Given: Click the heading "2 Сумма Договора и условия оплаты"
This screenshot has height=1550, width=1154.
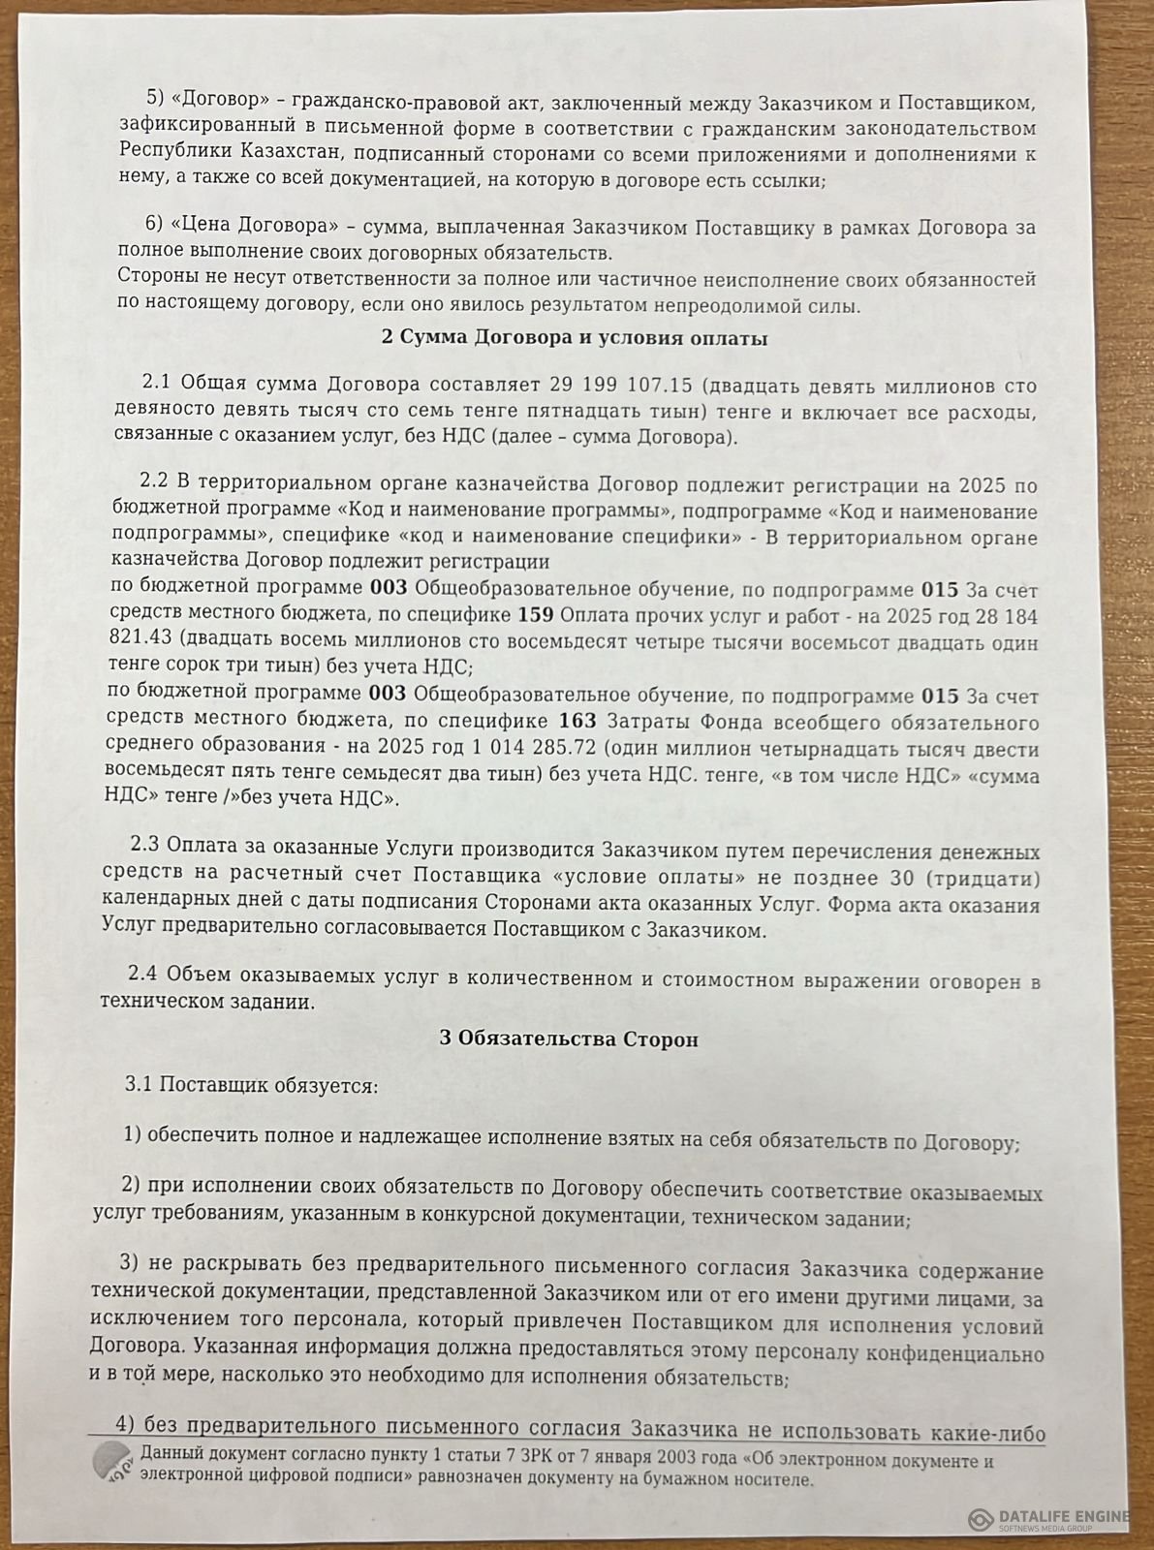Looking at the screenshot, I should click(572, 339).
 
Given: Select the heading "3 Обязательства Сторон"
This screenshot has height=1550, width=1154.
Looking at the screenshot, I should click(570, 1038).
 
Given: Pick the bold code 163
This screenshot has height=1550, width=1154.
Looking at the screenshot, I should click(578, 723).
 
